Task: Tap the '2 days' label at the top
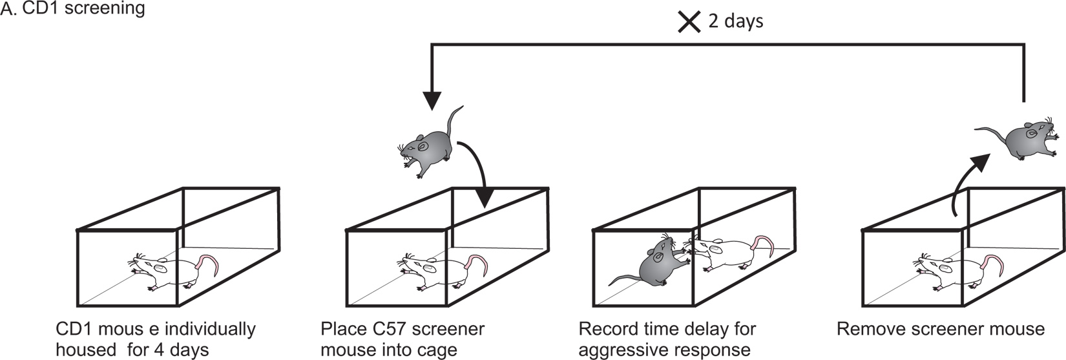coord(735,21)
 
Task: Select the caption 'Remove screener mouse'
coord(940,329)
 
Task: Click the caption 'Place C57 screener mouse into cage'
coord(402,339)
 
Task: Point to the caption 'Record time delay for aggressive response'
coord(666,339)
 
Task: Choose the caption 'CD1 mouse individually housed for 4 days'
coord(155,339)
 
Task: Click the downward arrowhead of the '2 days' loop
coord(432,100)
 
